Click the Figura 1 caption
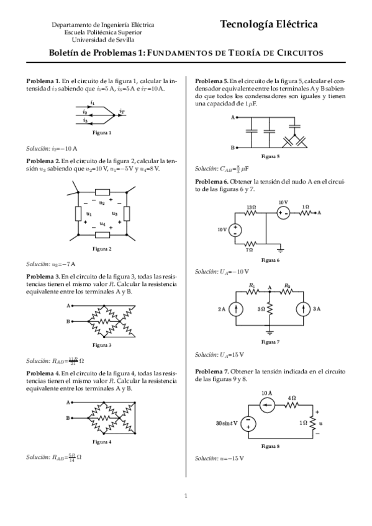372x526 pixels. tap(102, 132)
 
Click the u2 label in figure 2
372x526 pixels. tap(102, 202)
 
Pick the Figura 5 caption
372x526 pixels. tap(271, 156)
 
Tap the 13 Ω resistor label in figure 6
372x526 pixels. tap(251, 207)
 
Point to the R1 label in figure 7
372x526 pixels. tap(252, 285)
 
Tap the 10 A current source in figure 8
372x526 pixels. tap(266, 406)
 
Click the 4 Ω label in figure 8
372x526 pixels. tap(293, 398)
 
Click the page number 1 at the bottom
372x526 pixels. tap(186, 495)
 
